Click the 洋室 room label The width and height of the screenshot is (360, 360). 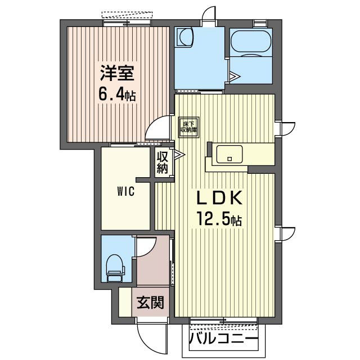pos(116,74)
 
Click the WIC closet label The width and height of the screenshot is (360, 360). pos(125,191)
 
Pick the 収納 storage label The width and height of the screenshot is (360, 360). pos(163,162)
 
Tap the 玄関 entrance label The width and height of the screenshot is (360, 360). pos(150,303)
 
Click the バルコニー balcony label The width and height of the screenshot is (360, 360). pos(223,340)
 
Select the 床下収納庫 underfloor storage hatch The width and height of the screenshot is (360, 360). pos(189,127)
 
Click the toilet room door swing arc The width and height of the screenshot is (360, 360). pos(146,248)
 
